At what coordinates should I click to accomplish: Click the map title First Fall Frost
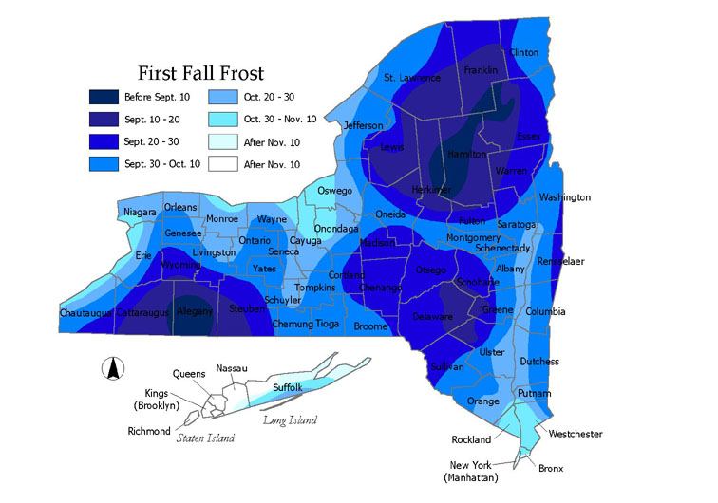coord(200,73)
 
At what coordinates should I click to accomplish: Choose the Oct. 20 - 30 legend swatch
coord(221,96)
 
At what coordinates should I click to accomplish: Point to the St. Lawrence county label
coord(412,78)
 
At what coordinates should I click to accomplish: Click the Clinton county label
coord(524,52)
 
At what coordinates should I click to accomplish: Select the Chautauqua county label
coord(86,312)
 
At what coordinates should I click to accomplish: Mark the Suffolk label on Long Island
coord(286,387)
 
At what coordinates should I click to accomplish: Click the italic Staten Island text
coord(205,438)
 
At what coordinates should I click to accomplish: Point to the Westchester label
coord(576,434)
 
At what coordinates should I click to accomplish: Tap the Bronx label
coord(550,468)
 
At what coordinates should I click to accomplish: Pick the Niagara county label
coord(140,213)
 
